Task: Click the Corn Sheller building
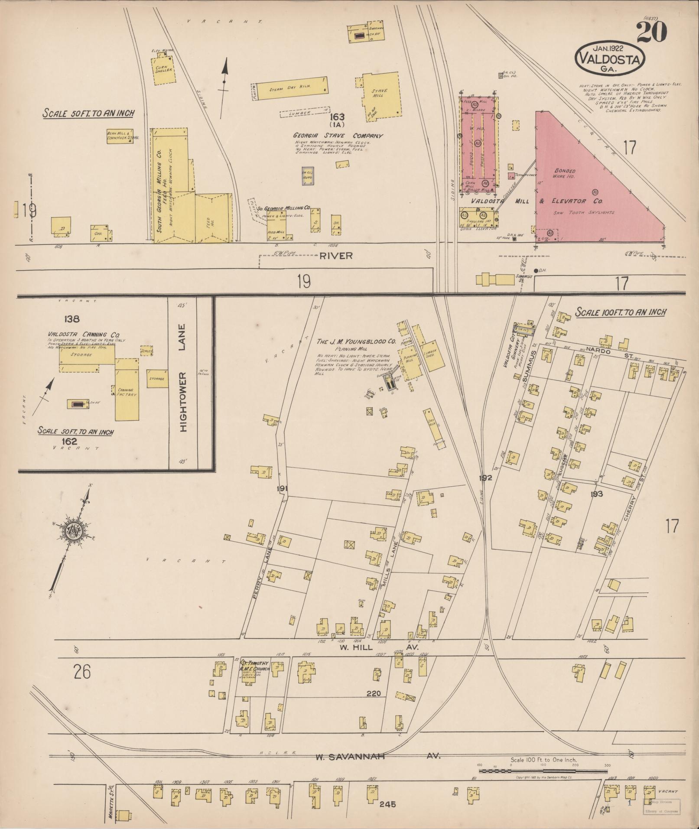164,70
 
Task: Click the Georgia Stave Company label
338,136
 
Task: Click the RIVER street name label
336,256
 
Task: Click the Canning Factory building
127,389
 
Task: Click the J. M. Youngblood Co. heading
357,341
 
